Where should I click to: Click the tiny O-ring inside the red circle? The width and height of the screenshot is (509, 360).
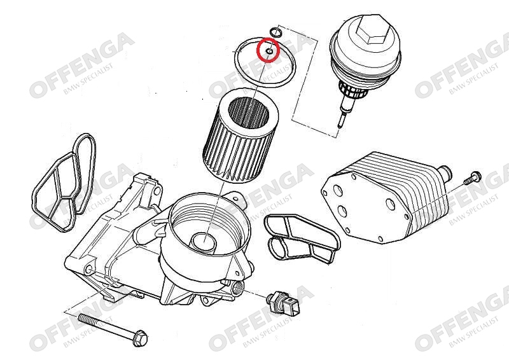[268, 52]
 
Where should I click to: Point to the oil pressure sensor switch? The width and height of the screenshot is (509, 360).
[282, 303]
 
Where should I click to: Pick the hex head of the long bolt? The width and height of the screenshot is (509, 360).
[140, 338]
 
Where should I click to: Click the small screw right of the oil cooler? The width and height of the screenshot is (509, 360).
[471, 178]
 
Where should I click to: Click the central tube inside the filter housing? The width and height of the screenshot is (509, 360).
[203, 242]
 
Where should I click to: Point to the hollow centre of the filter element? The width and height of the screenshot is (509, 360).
[249, 116]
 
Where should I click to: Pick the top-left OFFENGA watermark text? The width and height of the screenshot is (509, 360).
[82, 65]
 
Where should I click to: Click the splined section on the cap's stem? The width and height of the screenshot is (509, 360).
[352, 91]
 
